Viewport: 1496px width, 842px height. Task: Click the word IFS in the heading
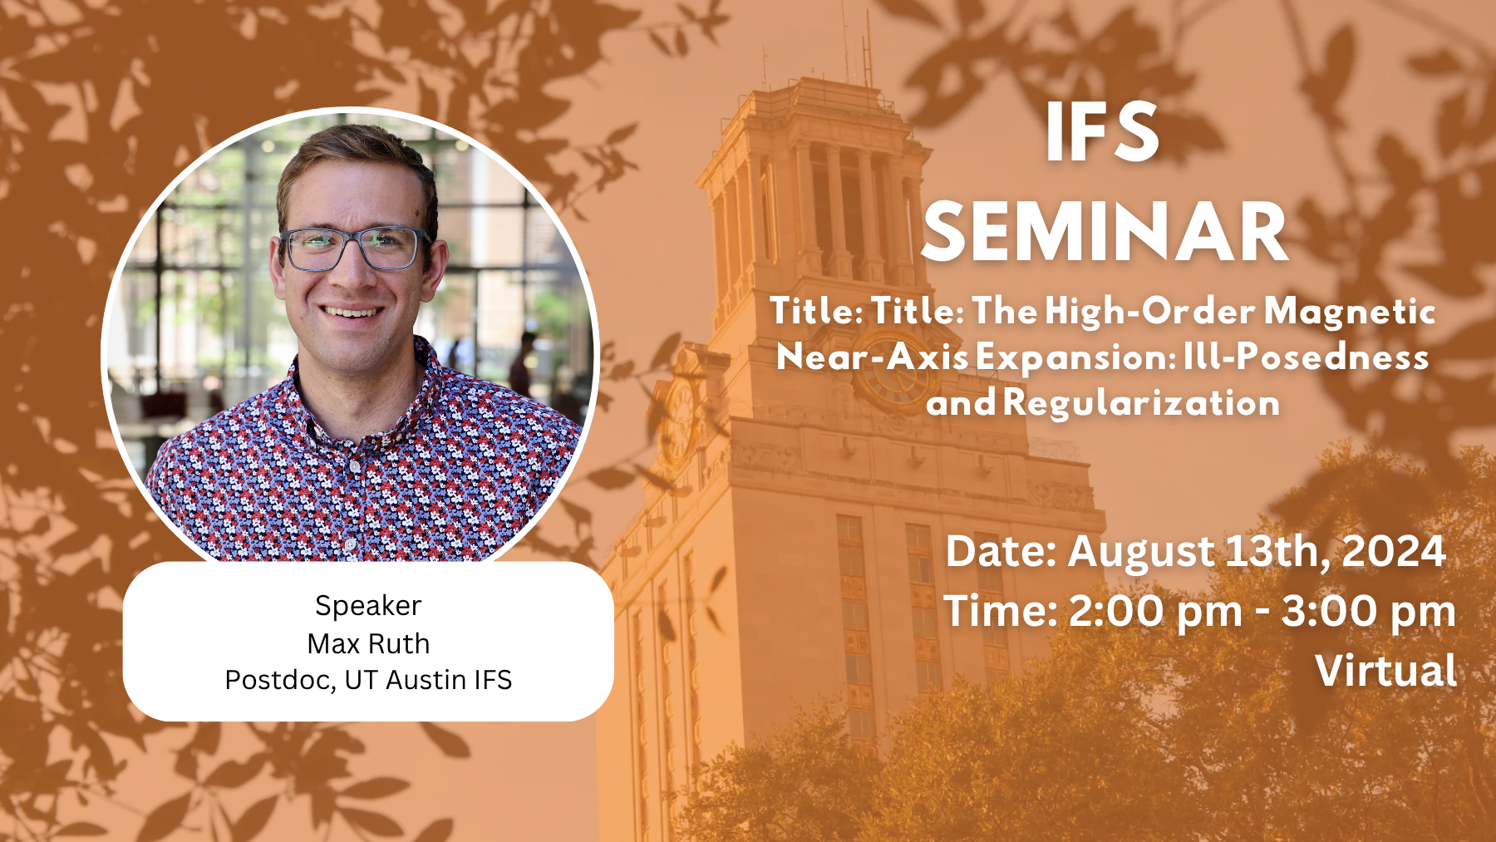click(x=1102, y=132)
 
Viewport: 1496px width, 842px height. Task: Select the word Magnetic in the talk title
click(x=1350, y=313)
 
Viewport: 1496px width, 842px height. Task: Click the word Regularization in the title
click(x=1141, y=403)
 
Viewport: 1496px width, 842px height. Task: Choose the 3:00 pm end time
click(x=1368, y=613)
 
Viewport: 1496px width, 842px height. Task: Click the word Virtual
click(x=1385, y=671)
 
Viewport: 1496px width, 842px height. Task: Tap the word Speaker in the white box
click(x=368, y=607)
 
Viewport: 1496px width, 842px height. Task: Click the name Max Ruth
click(x=368, y=644)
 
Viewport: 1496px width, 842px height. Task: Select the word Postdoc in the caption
click(x=280, y=680)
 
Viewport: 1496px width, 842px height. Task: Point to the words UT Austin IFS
click(x=428, y=680)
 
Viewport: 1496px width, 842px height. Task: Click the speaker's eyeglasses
click(x=353, y=249)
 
